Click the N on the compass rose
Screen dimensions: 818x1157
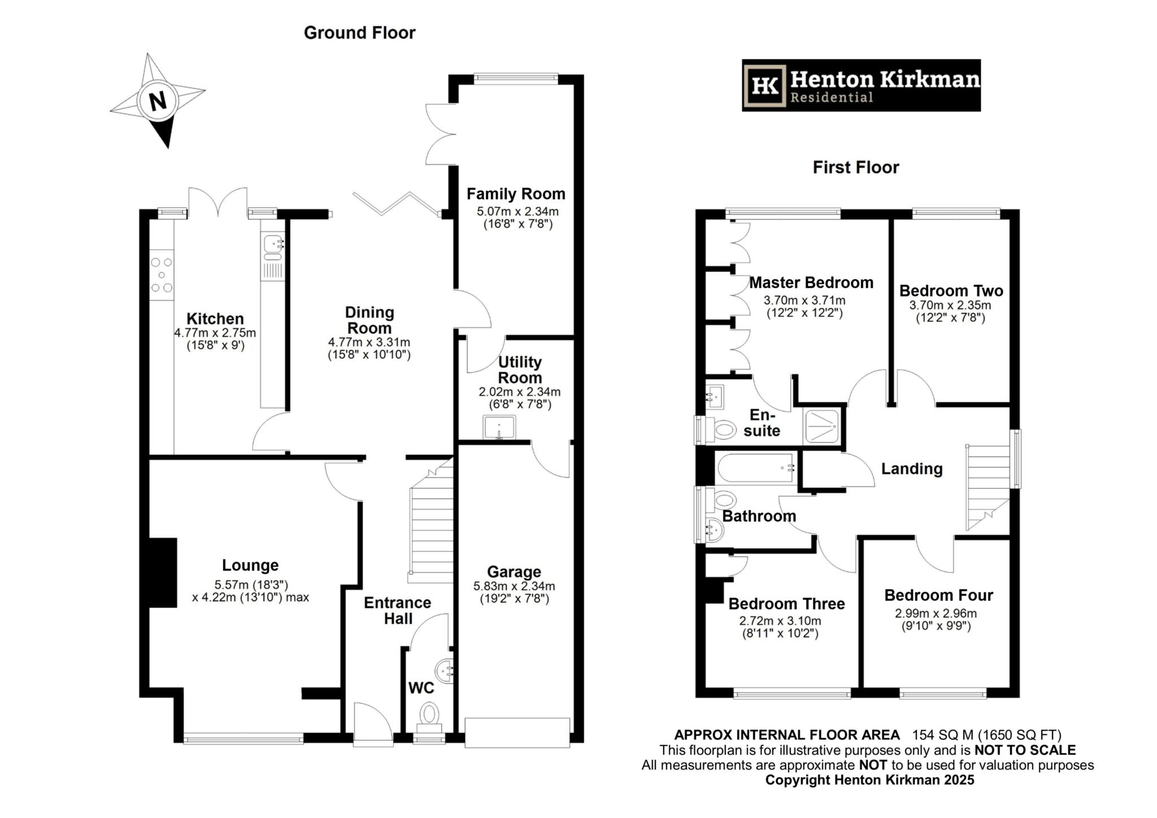pyautogui.click(x=158, y=101)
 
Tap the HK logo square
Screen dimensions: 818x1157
pyautogui.click(x=765, y=86)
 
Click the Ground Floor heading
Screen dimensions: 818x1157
pyautogui.click(x=359, y=33)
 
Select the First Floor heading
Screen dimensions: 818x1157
pyautogui.click(x=855, y=167)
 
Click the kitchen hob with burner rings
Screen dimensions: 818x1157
pyautogui.click(x=162, y=275)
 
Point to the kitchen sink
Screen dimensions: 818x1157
pyautogui.click(x=273, y=244)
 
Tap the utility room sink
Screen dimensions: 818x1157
pyautogui.click(x=499, y=427)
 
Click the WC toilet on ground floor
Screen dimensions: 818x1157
pyautogui.click(x=429, y=714)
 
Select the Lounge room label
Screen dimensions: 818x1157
pyautogui.click(x=250, y=565)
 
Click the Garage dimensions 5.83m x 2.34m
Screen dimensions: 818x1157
pyautogui.click(x=514, y=586)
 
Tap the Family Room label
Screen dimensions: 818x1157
pyautogui.click(x=515, y=194)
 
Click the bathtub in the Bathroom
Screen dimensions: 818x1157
pyautogui.click(x=756, y=468)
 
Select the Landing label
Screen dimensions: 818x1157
pyautogui.click(x=911, y=468)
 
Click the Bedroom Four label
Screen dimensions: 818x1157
pyautogui.click(x=938, y=595)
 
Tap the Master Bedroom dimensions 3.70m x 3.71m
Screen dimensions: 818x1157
pyautogui.click(x=804, y=300)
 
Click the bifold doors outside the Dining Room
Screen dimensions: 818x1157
pyautogui.click(x=395, y=204)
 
